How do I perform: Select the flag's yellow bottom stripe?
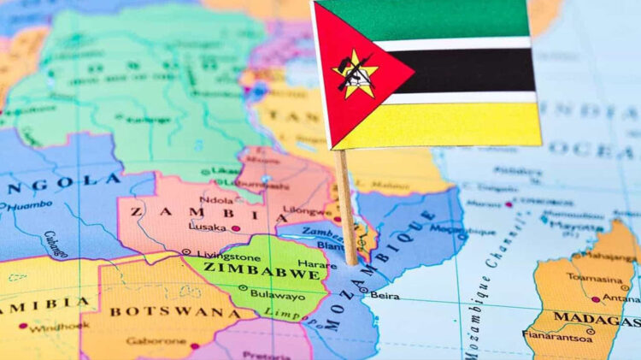click(x=453, y=125)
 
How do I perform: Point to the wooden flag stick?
click(x=347, y=205)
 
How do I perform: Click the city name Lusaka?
click(x=207, y=228)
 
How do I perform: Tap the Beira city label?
click(x=385, y=295)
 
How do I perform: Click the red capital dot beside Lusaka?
click(x=236, y=228)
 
